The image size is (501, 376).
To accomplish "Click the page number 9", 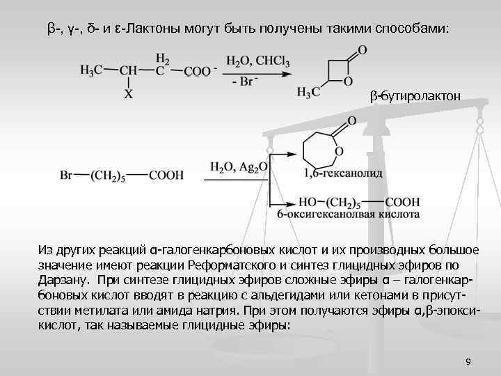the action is [468, 361].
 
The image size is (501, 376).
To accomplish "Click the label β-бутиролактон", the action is [415, 95].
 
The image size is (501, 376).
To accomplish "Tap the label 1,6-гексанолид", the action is [344, 172].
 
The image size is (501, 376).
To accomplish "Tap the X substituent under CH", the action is [128, 93].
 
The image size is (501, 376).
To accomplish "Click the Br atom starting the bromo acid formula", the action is [67, 176].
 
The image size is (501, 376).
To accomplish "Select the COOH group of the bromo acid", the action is [165, 176].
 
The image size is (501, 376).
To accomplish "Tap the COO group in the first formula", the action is [197, 71].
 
